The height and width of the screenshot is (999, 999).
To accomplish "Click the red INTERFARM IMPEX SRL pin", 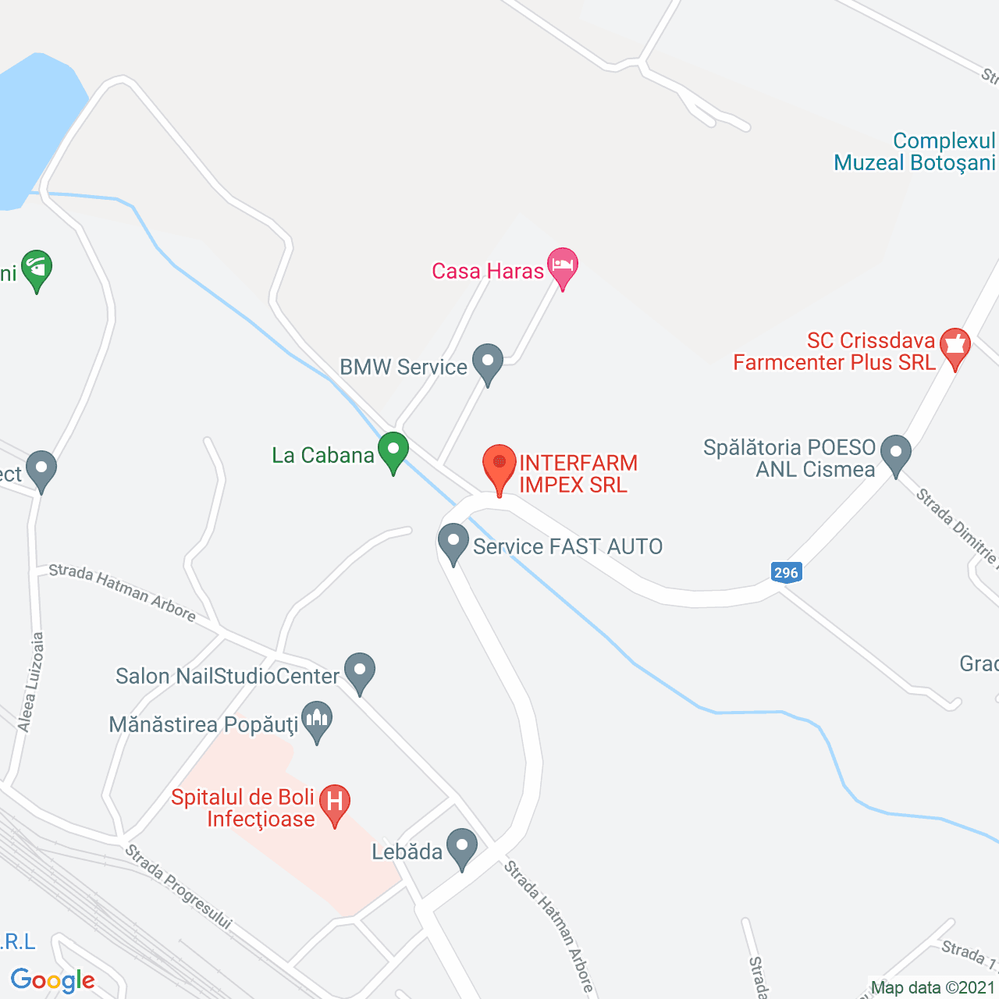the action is [499, 468].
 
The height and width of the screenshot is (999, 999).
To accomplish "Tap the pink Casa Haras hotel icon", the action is [562, 266].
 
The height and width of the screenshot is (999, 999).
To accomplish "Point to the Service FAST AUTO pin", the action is [453, 542].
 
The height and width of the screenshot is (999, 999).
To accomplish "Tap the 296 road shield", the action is [786, 572].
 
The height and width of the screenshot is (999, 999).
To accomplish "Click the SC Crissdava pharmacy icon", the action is [955, 346].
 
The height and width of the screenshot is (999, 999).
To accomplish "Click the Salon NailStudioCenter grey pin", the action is [360, 672].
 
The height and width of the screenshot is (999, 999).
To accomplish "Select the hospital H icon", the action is [334, 803].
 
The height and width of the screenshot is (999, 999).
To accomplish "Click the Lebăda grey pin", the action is [461, 848].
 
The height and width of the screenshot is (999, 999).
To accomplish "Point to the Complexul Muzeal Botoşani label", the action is [914, 152].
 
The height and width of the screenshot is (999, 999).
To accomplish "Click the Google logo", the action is [53, 980].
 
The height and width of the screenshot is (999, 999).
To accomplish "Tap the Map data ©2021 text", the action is [933, 987].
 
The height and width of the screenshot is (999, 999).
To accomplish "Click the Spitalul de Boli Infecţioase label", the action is [243, 808].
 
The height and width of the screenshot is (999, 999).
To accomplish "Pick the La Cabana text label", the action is [322, 455].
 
